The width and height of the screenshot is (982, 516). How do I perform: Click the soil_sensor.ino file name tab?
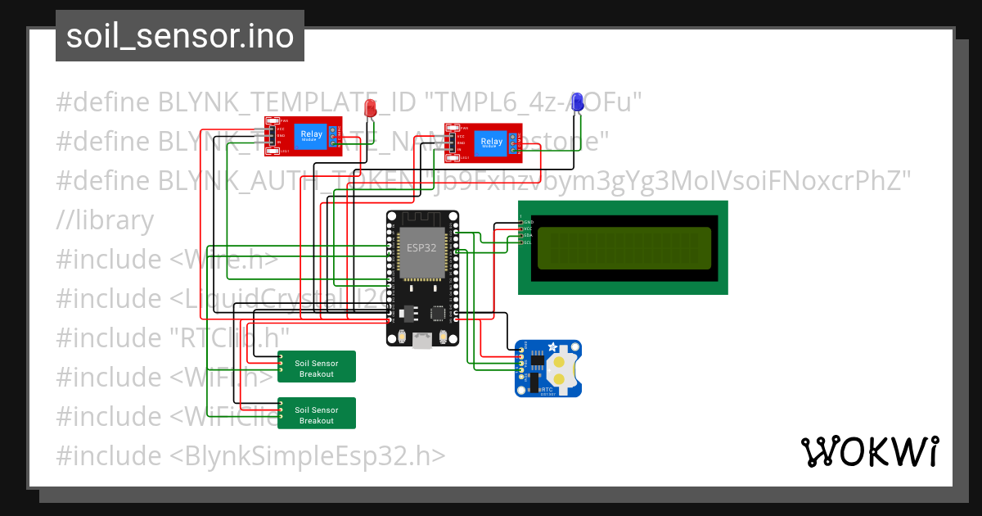[179, 36]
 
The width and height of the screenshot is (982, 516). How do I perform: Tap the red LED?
[370, 107]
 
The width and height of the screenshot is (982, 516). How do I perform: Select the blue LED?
[577, 102]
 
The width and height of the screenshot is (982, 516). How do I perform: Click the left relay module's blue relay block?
[311, 135]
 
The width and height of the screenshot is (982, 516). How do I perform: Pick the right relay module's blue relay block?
[491, 142]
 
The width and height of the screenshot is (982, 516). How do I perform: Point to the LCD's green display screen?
[624, 247]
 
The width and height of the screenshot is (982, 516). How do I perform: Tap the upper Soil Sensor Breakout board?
[316, 366]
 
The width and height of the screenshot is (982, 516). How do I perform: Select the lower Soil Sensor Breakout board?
[316, 413]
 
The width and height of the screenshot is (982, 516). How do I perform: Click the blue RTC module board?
[547, 369]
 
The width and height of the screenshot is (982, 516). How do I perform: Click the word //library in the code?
[105, 220]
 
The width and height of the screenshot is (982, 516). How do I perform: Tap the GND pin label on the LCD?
[528, 222]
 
